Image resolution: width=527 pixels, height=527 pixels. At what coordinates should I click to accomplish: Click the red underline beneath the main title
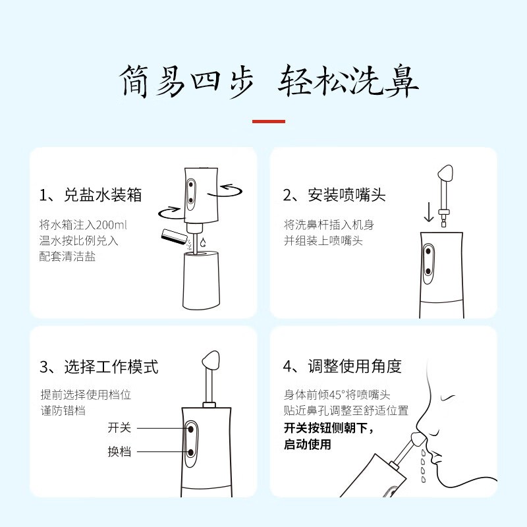(269, 121)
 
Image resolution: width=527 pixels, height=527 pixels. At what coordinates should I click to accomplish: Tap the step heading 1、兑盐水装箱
(90, 195)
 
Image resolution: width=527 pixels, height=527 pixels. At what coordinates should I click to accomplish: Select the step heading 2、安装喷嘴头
(334, 195)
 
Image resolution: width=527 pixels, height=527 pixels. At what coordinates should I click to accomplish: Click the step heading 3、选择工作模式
(99, 366)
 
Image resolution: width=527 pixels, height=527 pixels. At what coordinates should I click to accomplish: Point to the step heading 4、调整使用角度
(342, 366)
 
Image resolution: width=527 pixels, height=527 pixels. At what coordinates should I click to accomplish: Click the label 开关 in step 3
(119, 428)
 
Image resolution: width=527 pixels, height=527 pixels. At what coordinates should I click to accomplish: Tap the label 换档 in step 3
(119, 451)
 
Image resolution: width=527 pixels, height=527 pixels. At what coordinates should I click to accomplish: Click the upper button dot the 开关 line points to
(191, 430)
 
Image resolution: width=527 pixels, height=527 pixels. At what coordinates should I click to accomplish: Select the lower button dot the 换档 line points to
(191, 453)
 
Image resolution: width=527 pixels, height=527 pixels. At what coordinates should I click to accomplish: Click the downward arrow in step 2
(429, 212)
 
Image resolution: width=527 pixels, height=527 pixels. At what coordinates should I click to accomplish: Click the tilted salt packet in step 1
(174, 238)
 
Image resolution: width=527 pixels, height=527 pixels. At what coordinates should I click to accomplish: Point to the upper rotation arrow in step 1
(225, 190)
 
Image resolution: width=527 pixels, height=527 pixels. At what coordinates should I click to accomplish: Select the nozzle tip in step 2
(445, 173)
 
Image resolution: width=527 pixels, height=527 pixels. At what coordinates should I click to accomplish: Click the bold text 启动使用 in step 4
(308, 444)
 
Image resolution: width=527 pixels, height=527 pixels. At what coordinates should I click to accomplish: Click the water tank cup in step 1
(202, 279)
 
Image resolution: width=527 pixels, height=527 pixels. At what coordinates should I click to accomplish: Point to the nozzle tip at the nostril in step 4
(418, 439)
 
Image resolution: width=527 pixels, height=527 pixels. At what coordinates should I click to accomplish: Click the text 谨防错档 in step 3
(63, 410)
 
